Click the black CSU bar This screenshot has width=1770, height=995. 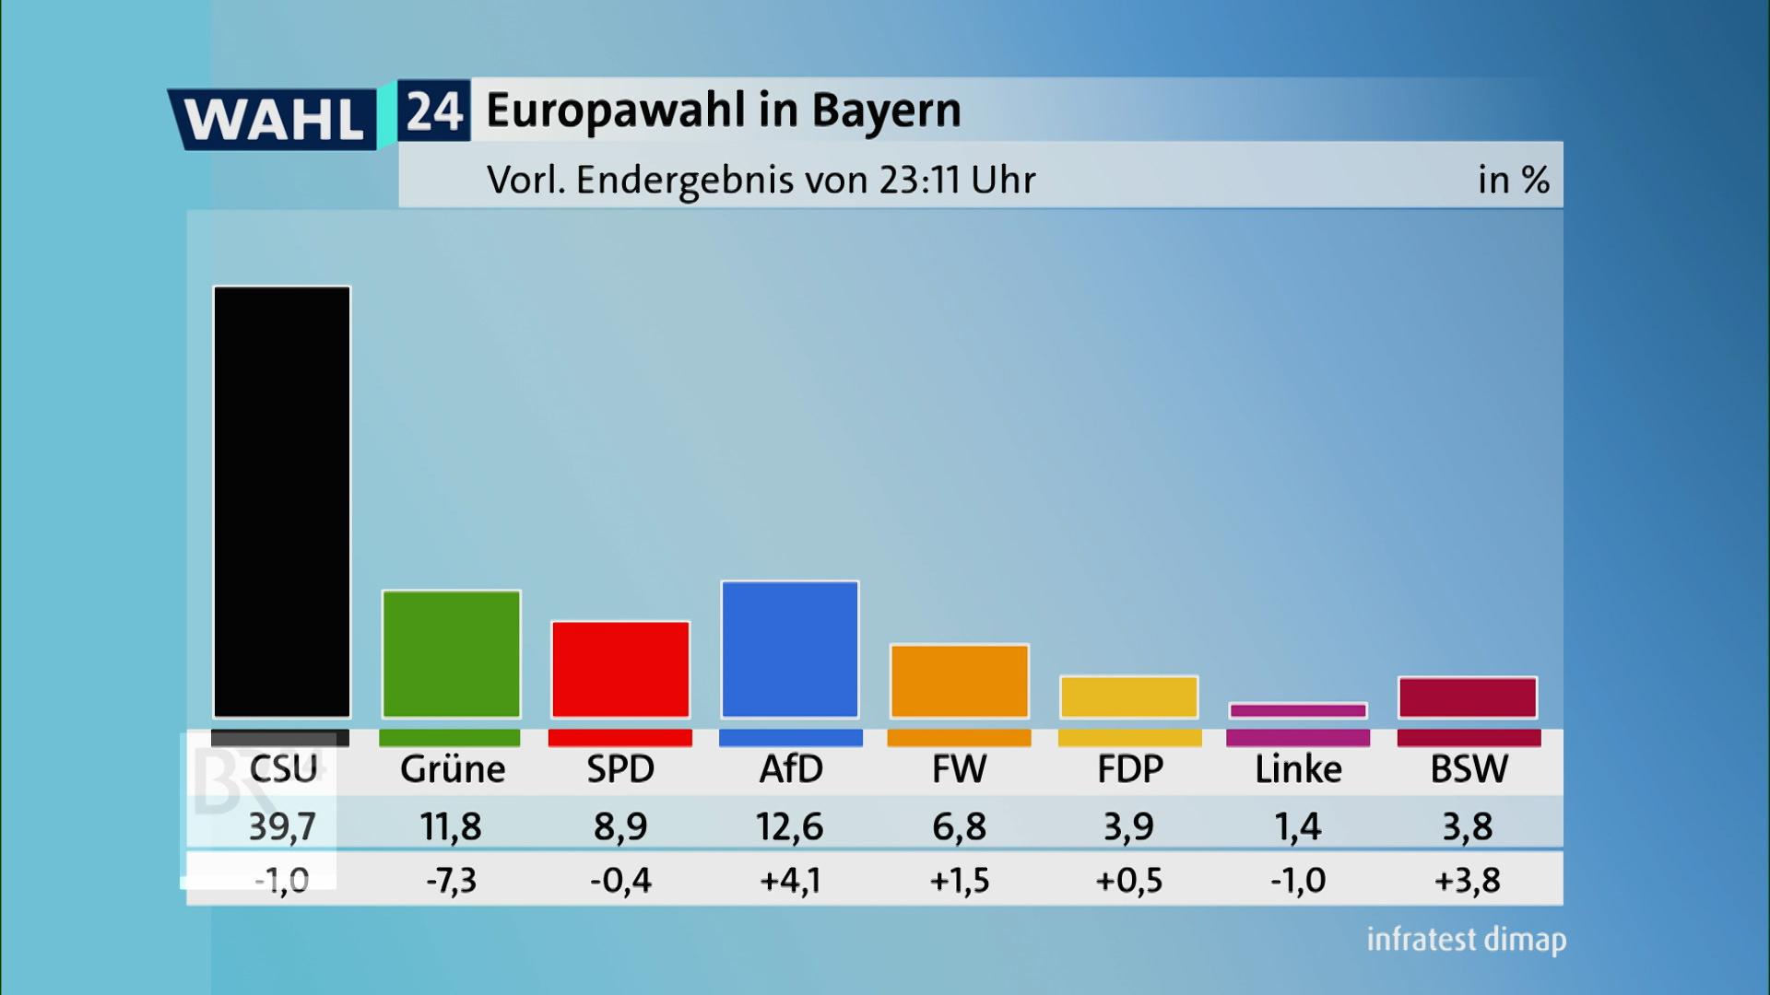pos(282,502)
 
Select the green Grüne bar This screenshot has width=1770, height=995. pos(451,654)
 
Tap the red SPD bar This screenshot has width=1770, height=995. pos(620,670)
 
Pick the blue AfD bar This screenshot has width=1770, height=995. pos(790,650)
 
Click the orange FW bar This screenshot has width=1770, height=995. pos(960,682)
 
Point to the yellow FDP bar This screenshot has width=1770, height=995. pos(1129,697)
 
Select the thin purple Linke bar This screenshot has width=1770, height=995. pos(1298,710)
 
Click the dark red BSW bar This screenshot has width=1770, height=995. pos(1468,697)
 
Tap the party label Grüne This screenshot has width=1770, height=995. pos(452,769)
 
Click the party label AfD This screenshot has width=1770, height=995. pos(791,769)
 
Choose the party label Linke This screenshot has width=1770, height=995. pos(1298,769)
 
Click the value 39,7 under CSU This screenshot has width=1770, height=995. pos(282,826)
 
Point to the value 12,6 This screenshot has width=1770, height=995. pos(790,826)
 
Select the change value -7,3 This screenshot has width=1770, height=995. pos(451,881)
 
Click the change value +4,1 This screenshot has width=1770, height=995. pos(790,881)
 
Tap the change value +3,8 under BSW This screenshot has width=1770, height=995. pos(1468,881)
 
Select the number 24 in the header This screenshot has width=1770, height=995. pos(434,111)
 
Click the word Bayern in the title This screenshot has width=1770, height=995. pos(886,111)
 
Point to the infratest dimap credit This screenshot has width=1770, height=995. pos(1466,940)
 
